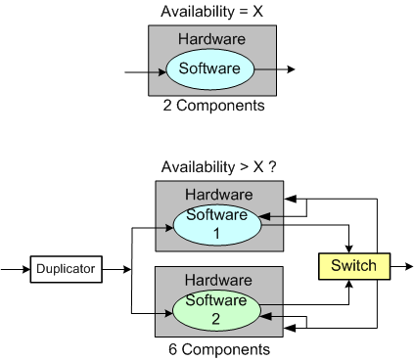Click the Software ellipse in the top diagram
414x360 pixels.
209,68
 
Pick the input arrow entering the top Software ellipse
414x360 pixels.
142,72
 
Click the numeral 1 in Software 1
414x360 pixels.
215,234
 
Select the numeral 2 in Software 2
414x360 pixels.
215,318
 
